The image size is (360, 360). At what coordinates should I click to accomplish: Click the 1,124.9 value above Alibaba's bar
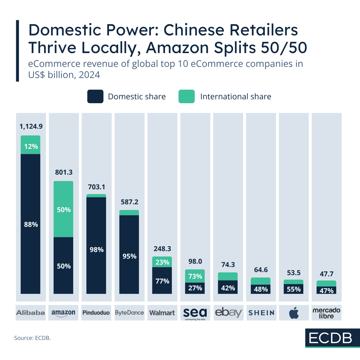click(x=31, y=126)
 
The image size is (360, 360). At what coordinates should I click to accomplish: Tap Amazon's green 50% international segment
click(x=63, y=209)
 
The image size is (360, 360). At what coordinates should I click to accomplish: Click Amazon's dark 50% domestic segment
click(x=63, y=265)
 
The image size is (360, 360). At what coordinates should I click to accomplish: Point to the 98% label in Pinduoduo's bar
click(x=97, y=250)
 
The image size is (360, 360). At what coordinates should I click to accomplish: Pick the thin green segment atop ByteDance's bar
click(x=129, y=213)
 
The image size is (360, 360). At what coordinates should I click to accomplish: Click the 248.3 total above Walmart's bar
click(x=162, y=249)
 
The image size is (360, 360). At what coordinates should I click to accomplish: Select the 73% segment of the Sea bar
click(x=195, y=276)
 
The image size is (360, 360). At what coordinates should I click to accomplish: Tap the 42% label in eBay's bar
click(x=228, y=288)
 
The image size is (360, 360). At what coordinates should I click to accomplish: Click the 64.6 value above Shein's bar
click(x=261, y=270)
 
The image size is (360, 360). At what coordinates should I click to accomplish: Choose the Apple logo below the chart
click(x=294, y=313)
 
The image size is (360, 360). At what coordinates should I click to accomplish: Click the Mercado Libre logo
click(x=326, y=313)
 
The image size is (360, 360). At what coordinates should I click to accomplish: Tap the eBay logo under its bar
click(x=228, y=313)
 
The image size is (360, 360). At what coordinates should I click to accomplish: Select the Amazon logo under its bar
click(x=63, y=313)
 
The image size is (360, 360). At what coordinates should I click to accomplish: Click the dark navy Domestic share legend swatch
click(x=95, y=97)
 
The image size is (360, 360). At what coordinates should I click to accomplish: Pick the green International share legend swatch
click(x=186, y=97)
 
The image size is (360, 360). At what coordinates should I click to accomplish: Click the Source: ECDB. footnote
click(x=32, y=338)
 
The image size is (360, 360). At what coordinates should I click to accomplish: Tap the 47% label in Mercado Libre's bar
click(x=326, y=290)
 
